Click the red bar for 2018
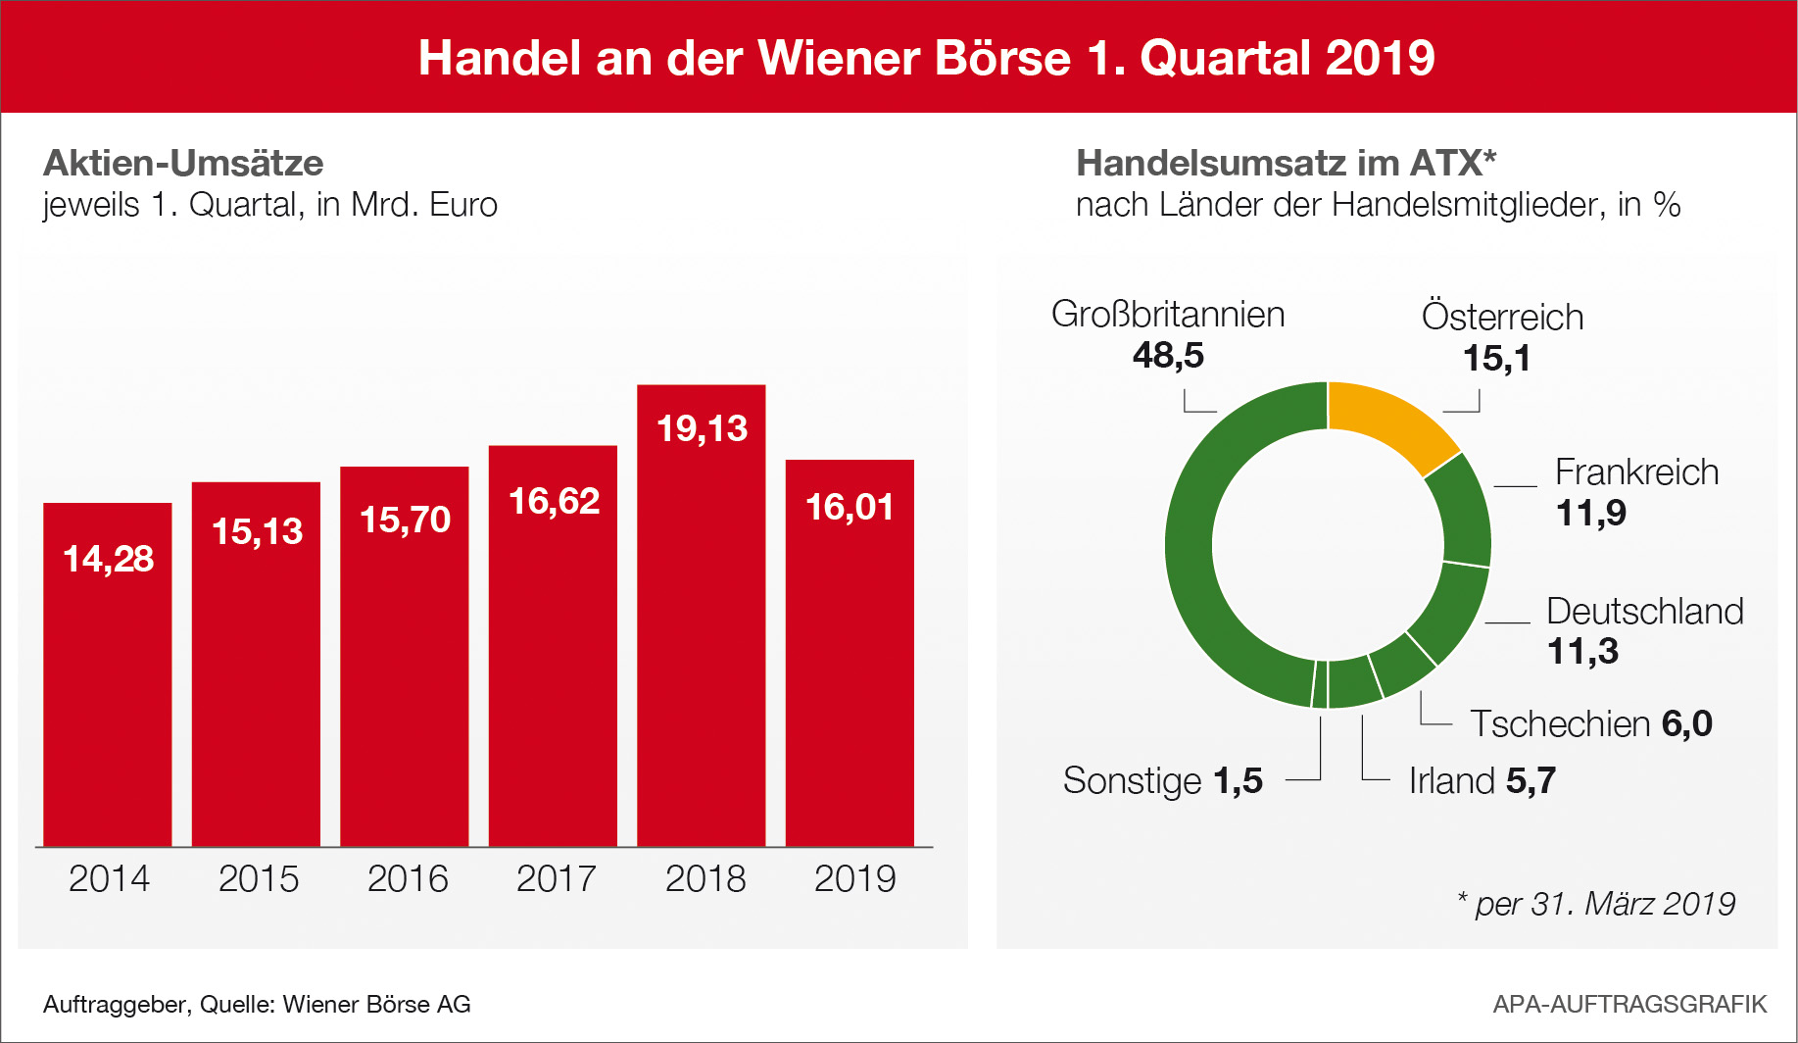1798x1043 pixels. click(x=701, y=637)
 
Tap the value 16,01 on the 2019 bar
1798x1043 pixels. click(x=850, y=508)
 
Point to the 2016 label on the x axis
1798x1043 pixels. click(x=408, y=878)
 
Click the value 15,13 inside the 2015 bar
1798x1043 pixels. click(x=257, y=531)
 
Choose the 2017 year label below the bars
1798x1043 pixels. click(x=556, y=878)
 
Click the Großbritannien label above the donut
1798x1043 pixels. click(x=1168, y=315)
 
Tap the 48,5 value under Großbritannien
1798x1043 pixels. click(x=1168, y=355)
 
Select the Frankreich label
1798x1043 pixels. click(x=1636, y=472)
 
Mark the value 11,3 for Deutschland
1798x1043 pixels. click(x=1582, y=652)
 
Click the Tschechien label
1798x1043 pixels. click(x=1560, y=724)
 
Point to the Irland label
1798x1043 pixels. click(x=1452, y=781)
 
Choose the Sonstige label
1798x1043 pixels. click(x=1132, y=781)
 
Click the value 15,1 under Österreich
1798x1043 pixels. click(x=1496, y=359)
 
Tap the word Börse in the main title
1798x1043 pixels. click(x=1002, y=58)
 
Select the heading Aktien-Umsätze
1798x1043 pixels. click(x=183, y=163)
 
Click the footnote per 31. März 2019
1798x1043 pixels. click(x=1604, y=904)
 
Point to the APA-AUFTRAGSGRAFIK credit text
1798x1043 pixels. click(x=1629, y=1004)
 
